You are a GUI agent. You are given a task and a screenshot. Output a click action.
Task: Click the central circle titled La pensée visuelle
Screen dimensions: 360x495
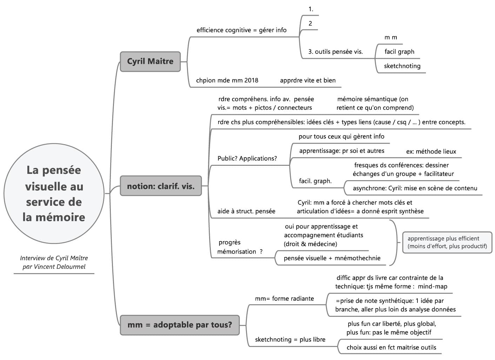pyautogui.click(x=54, y=193)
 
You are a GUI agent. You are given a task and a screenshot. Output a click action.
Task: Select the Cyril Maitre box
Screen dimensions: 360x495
pyautogui.click(x=150, y=61)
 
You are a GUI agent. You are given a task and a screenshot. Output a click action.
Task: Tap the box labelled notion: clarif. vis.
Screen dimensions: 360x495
pyautogui.click(x=161, y=186)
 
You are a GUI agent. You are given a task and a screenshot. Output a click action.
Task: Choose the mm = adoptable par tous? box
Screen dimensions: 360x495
pyautogui.click(x=180, y=325)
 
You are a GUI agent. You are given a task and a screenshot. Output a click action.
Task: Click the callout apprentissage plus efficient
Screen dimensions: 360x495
pyautogui.click(x=447, y=242)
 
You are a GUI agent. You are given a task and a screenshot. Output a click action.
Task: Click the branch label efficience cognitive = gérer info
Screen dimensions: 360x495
pyautogui.click(x=241, y=30)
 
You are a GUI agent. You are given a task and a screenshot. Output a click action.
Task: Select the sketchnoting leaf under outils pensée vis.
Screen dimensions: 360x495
pyautogui.click(x=402, y=66)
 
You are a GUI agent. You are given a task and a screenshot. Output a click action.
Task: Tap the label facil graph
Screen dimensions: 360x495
pyautogui.click(x=399, y=52)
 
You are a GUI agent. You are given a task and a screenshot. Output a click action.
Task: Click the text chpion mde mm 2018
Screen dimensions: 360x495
pyautogui.click(x=227, y=80)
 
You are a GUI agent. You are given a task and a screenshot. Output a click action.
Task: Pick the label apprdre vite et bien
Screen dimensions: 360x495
pyautogui.click(x=308, y=80)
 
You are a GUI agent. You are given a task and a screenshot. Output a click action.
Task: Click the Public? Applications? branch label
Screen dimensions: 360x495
pyautogui.click(x=247, y=158)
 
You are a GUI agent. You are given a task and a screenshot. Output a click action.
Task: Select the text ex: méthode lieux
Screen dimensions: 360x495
pyautogui.click(x=431, y=151)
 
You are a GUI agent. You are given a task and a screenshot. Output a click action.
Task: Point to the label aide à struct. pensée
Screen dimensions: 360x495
pyautogui.click(x=246, y=211)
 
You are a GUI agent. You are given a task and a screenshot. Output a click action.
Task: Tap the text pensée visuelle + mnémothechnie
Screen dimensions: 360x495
pyautogui.click(x=332, y=258)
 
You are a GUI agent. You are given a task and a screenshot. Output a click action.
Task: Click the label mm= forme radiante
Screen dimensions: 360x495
pyautogui.click(x=284, y=299)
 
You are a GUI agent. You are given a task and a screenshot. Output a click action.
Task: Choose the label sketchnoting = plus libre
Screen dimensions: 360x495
pyautogui.click(x=290, y=339)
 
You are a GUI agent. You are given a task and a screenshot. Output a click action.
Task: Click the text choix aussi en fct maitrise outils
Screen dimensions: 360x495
pyautogui.click(x=391, y=347)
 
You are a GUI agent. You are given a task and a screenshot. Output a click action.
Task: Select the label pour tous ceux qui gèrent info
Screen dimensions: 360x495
pyautogui.click(x=341, y=136)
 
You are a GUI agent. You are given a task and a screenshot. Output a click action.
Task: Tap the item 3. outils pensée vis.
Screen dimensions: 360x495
pyautogui.click(x=335, y=52)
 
